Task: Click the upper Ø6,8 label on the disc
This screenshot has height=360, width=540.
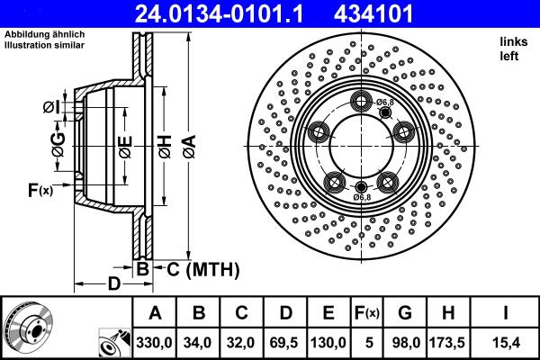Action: pos(385,102)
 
